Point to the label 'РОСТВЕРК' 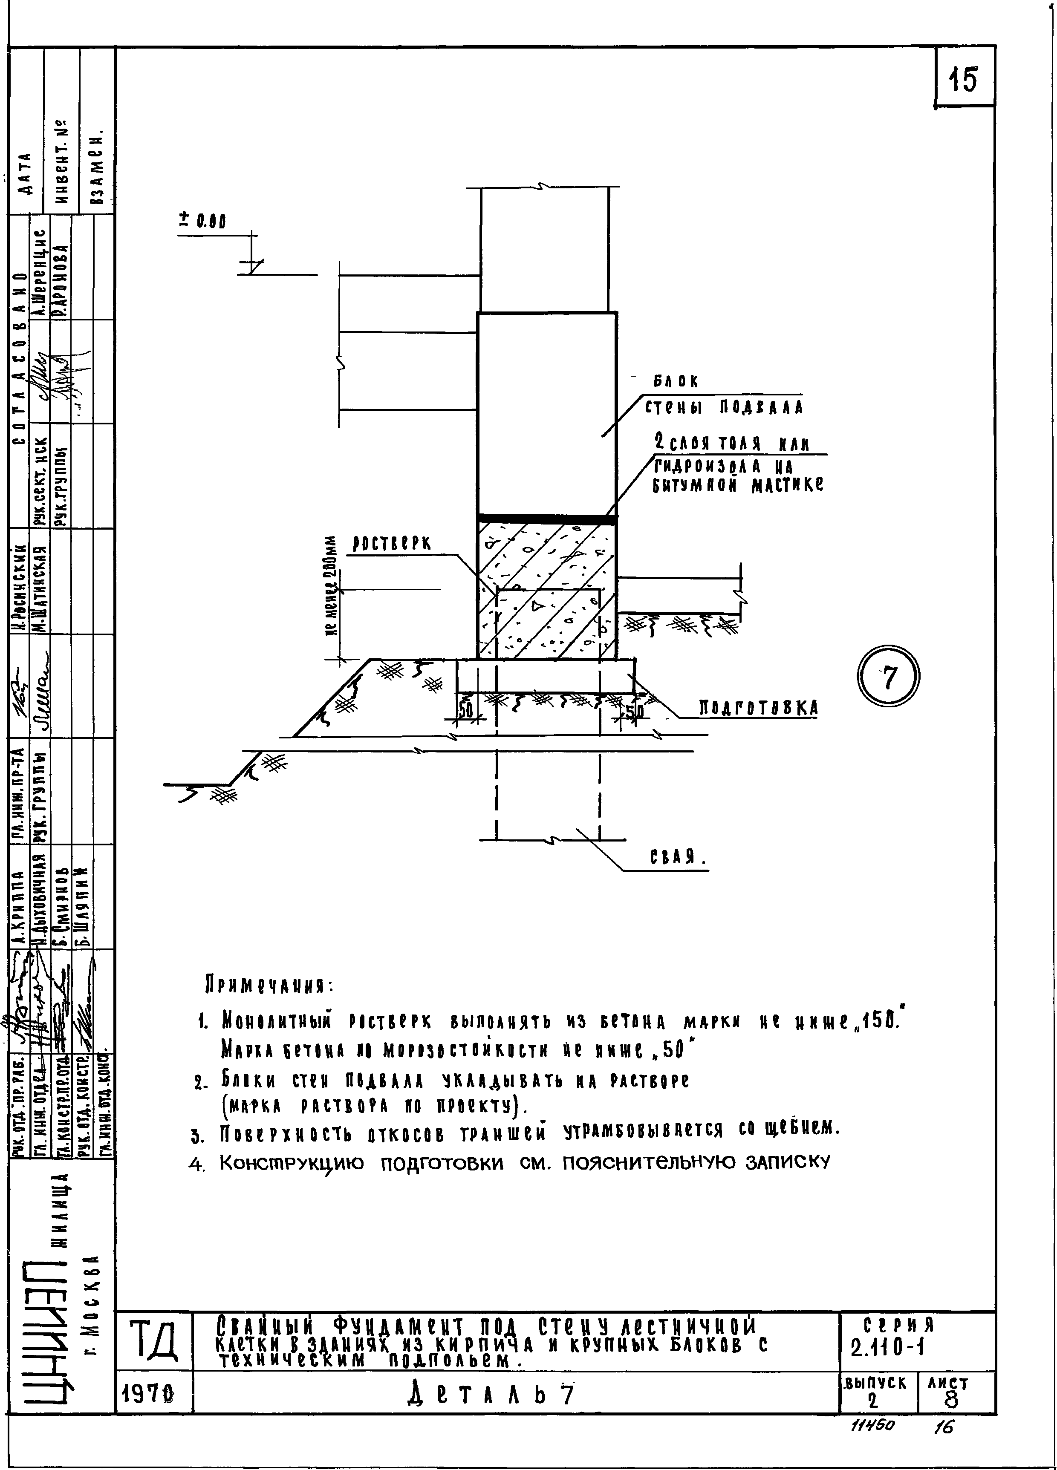coord(392,545)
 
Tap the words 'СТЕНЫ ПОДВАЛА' coord(723,408)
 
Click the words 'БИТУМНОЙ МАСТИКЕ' coord(737,485)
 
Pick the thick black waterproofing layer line coord(547,519)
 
